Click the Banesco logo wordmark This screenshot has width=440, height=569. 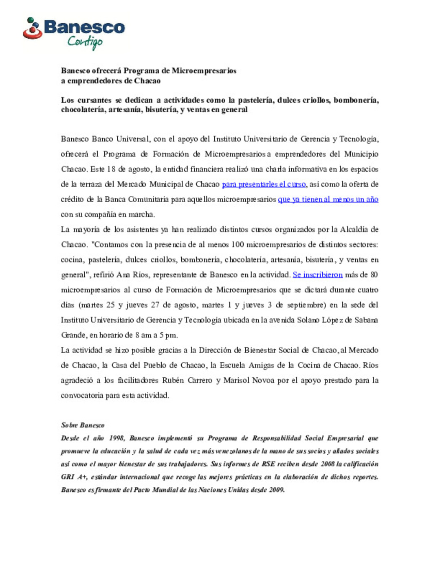(x=84, y=28)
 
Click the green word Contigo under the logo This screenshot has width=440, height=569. (x=85, y=42)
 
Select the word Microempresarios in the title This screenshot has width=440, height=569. (x=204, y=71)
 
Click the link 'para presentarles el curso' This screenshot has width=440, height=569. (x=264, y=184)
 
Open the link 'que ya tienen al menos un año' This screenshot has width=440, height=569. (x=328, y=199)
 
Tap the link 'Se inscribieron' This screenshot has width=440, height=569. (x=318, y=275)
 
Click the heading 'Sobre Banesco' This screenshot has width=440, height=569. (x=83, y=425)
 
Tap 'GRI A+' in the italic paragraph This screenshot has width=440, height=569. (x=74, y=477)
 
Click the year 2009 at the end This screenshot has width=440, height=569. (x=276, y=490)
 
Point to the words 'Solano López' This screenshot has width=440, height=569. (x=319, y=320)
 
